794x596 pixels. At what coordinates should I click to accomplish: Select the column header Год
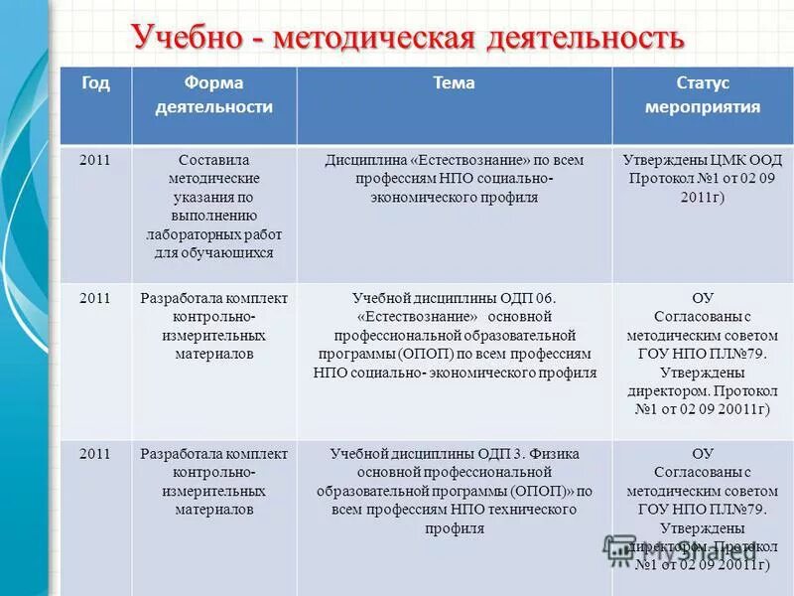pos(95,83)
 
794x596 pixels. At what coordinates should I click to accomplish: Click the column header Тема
pos(454,83)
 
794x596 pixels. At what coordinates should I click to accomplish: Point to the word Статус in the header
pos(703,83)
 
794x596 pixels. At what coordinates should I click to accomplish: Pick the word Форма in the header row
pos(213,83)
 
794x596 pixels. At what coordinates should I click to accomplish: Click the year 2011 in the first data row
pos(95,160)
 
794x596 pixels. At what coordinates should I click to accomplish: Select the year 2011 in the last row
pos(95,454)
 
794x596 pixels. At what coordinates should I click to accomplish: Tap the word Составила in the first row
pos(213,160)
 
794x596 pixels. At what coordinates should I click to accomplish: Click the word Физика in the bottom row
pos(552,454)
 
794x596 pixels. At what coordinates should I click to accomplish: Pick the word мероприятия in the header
pos(703,107)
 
